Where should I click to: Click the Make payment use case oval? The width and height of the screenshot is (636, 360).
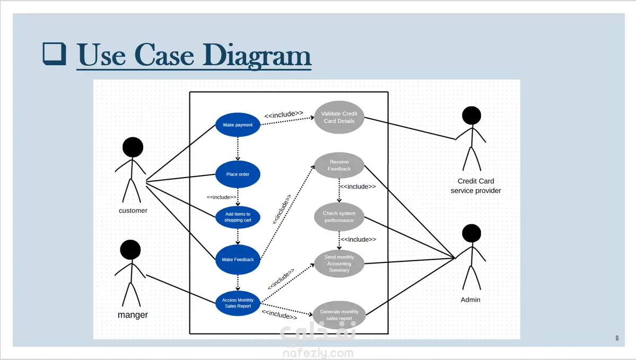click(x=238, y=125)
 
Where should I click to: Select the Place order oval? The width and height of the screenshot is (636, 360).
click(x=238, y=174)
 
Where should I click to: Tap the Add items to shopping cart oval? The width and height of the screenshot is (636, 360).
click(x=238, y=217)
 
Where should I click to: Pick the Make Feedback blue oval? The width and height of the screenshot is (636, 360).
click(x=238, y=260)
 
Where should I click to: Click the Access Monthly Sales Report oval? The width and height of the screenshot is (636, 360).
click(x=238, y=303)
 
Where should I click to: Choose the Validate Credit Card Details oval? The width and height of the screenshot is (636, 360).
click(x=339, y=117)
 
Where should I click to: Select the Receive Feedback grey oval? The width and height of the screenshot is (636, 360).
click(x=339, y=165)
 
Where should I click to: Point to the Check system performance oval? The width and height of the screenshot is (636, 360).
click(x=339, y=217)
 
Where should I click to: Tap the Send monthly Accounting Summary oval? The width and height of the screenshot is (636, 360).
click(x=339, y=264)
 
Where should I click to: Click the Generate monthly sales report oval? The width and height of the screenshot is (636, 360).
click(x=339, y=315)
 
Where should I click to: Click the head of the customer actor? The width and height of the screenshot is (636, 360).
click(x=133, y=147)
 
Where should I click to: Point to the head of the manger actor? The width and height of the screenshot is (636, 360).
click(x=130, y=250)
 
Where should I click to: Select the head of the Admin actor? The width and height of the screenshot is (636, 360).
click(x=471, y=234)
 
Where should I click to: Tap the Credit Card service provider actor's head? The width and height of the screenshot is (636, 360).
click(x=471, y=116)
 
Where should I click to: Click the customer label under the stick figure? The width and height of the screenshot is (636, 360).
click(x=133, y=210)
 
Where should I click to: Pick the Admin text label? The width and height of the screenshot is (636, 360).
click(x=471, y=300)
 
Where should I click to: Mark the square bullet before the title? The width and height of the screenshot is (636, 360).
click(x=54, y=55)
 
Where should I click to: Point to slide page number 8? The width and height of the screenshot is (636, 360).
click(x=617, y=338)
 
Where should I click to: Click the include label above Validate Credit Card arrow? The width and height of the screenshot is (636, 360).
click(x=284, y=113)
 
